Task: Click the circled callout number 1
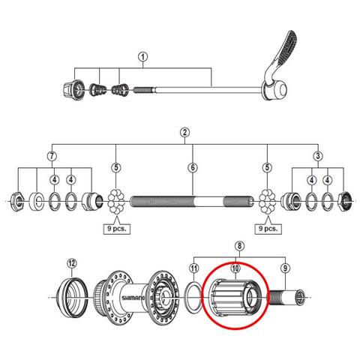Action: coord(142,57)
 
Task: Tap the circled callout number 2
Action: coord(184,133)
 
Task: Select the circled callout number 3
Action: coord(318,156)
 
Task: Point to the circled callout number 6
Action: coord(193,168)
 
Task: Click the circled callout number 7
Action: coord(52,156)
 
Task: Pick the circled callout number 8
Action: coord(239,246)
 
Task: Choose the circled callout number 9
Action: coord(285,268)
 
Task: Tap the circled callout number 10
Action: coord(235,268)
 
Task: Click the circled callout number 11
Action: coord(194,268)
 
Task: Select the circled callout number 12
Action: coord(72,263)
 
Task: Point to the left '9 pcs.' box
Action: coord(117,229)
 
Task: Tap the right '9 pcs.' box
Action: coord(268,229)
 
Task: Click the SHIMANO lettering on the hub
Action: coord(133,298)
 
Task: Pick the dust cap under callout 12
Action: coord(73,298)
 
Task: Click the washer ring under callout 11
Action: coord(193,297)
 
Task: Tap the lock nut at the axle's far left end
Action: coord(16,201)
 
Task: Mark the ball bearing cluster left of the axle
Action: coord(116,201)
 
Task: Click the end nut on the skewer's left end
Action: coord(73,89)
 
